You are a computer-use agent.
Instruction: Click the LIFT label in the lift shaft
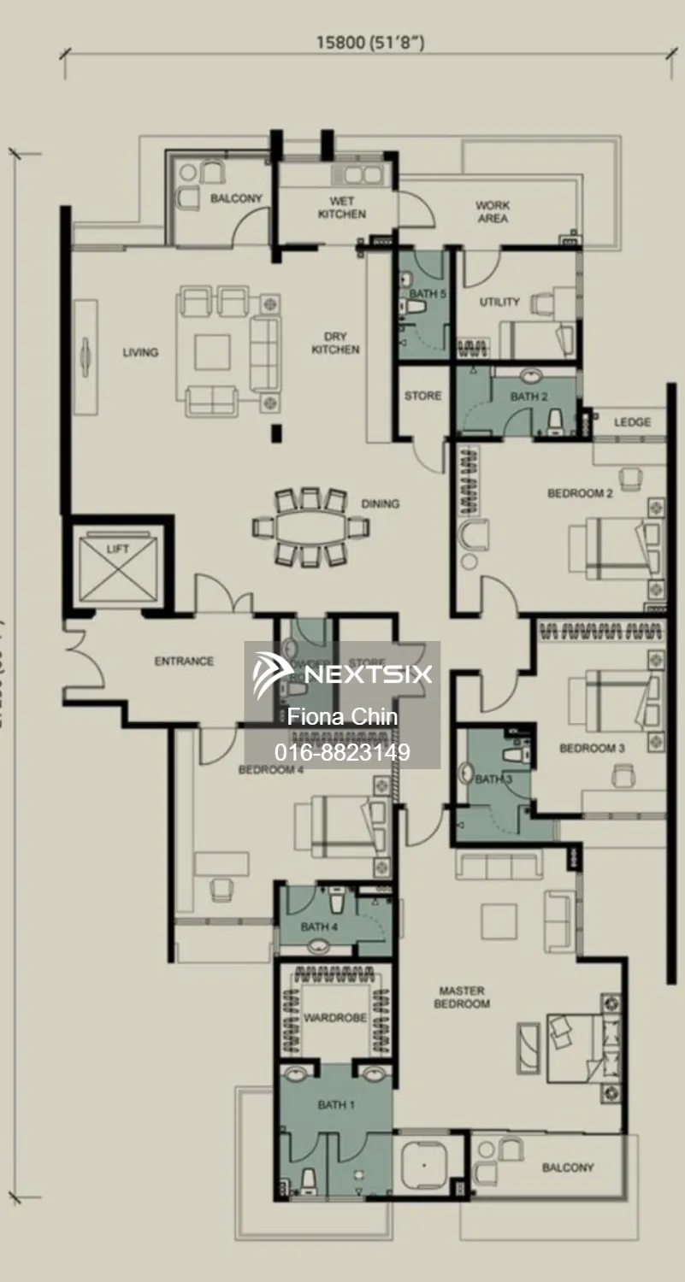pos(117,549)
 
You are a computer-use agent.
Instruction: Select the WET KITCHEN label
pos(342,208)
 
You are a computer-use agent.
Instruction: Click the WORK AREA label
pos(493,212)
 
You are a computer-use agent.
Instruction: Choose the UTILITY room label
pos(499,302)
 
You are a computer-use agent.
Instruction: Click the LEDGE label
pos(631,422)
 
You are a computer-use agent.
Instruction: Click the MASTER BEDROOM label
pos(462,997)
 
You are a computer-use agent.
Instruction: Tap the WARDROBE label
pos(335,1018)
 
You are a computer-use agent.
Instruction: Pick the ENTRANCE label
pos(184,661)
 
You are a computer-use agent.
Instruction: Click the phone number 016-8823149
pos(342,752)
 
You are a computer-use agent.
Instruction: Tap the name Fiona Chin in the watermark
pos(342,716)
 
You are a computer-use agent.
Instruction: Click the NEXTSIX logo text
pos(368,674)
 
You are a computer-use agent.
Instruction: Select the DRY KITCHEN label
pos(335,343)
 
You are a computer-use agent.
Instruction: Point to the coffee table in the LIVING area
pos(211,351)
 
